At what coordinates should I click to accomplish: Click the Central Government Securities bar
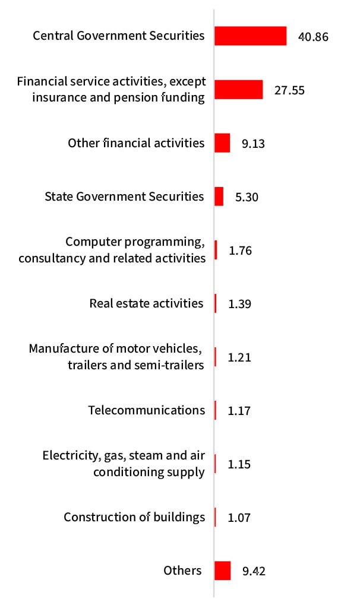(250, 36)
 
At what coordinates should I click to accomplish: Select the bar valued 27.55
(238, 90)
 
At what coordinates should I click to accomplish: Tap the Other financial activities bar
(222, 143)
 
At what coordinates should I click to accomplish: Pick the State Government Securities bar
(219, 197)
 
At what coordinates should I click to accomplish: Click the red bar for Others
(222, 571)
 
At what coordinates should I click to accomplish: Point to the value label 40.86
(312, 37)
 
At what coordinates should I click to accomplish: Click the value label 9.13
(254, 144)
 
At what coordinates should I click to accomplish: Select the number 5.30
(247, 197)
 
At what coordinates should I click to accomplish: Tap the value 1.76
(240, 251)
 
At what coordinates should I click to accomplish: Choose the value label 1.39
(239, 304)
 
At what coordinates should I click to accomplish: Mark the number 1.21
(239, 357)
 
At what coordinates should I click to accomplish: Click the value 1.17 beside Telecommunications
(239, 411)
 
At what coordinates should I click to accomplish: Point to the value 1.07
(239, 518)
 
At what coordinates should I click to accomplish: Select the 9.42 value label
(254, 571)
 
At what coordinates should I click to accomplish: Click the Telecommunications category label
(146, 410)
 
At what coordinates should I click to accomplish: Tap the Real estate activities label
(146, 303)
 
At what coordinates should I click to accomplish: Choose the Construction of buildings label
(134, 517)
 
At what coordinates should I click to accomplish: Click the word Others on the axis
(182, 571)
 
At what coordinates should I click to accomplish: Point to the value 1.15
(239, 464)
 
